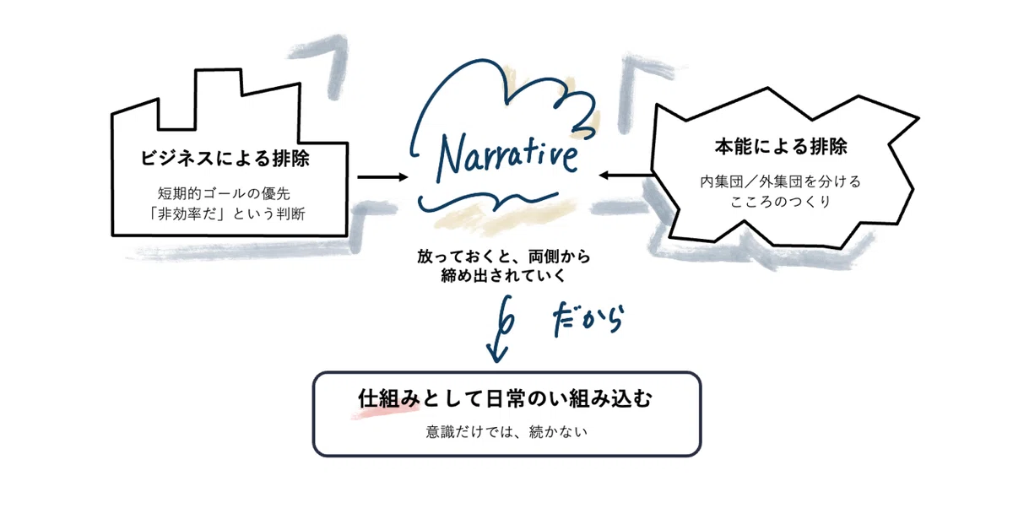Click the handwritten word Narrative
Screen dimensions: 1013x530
(x=507, y=159)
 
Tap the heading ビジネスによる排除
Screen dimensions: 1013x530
(x=225, y=159)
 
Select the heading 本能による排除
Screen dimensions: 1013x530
(x=781, y=147)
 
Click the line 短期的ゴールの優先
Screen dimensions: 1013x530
(x=224, y=193)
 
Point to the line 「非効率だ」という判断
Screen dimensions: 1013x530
(x=226, y=214)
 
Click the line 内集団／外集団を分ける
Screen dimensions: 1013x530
(x=781, y=181)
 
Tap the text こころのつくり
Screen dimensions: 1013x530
(x=781, y=201)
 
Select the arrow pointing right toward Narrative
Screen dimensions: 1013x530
(x=382, y=177)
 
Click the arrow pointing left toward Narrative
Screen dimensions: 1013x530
(x=626, y=175)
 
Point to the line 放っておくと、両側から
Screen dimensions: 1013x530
(x=504, y=257)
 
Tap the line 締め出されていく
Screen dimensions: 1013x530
(x=503, y=275)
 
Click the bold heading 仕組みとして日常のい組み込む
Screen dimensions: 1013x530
(x=505, y=399)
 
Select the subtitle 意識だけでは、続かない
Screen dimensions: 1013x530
(x=506, y=432)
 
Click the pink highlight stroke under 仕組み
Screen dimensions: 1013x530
(x=385, y=412)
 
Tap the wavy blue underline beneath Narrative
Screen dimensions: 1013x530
(x=488, y=203)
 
